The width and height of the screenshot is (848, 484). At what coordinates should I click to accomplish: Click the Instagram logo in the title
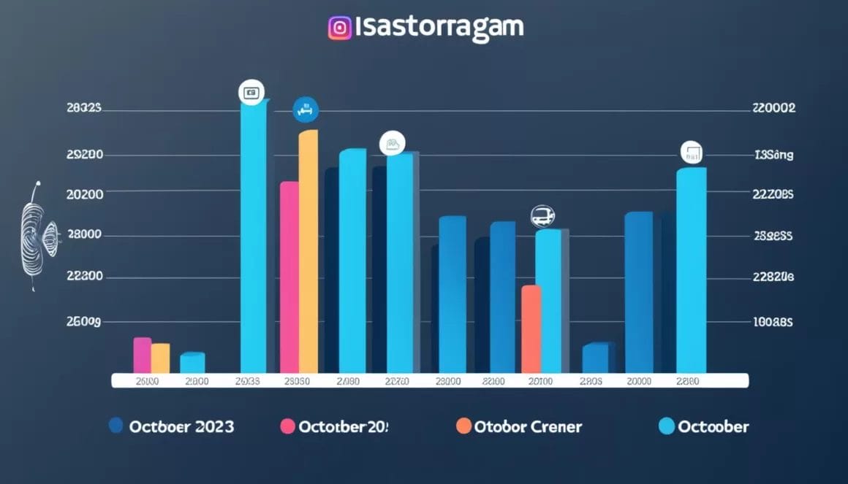click(340, 28)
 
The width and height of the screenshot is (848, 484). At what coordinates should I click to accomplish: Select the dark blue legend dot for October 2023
click(116, 426)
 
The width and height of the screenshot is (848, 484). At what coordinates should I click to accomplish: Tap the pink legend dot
click(287, 426)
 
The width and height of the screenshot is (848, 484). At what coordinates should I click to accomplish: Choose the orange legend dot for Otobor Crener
click(463, 426)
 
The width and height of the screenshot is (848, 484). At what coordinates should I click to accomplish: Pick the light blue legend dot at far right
click(666, 426)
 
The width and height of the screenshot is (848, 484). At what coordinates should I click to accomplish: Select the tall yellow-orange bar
click(308, 252)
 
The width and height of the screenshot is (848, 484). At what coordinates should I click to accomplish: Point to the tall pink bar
click(289, 277)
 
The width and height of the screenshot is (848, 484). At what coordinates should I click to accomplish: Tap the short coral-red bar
click(531, 329)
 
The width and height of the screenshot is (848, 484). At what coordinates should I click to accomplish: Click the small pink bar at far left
click(143, 355)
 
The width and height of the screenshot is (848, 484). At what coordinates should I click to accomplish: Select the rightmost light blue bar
click(691, 270)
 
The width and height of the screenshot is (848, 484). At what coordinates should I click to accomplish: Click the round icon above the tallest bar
click(251, 93)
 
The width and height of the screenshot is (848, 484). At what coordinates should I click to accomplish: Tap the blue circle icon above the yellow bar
click(306, 110)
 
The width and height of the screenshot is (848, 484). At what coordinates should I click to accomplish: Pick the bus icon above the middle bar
click(542, 215)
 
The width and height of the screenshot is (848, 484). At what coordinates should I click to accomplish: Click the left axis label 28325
click(84, 108)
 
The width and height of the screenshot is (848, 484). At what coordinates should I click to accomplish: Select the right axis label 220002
click(773, 108)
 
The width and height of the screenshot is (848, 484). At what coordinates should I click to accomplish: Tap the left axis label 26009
click(84, 321)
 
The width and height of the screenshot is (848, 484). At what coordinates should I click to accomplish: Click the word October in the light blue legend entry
click(713, 426)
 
